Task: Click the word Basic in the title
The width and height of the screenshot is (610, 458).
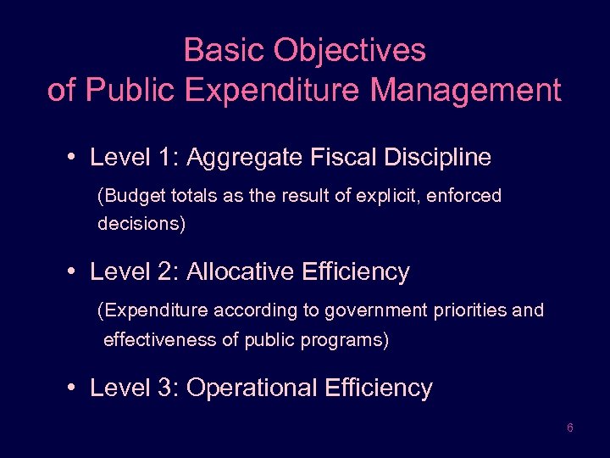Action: pyautogui.click(x=215, y=51)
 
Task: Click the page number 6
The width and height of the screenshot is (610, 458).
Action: pyautogui.click(x=570, y=428)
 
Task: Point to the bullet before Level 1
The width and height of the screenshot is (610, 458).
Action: pyautogui.click(x=75, y=158)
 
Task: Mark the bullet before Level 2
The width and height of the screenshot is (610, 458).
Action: pyautogui.click(x=75, y=272)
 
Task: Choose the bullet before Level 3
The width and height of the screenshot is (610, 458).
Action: pyautogui.click(x=75, y=388)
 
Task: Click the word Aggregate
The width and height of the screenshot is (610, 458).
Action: pyautogui.click(x=240, y=158)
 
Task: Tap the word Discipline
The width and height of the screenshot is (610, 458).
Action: pyautogui.click(x=437, y=158)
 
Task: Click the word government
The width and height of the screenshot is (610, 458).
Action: pyautogui.click(x=365, y=310)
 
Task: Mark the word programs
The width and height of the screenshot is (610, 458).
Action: pyautogui.click(x=351, y=340)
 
